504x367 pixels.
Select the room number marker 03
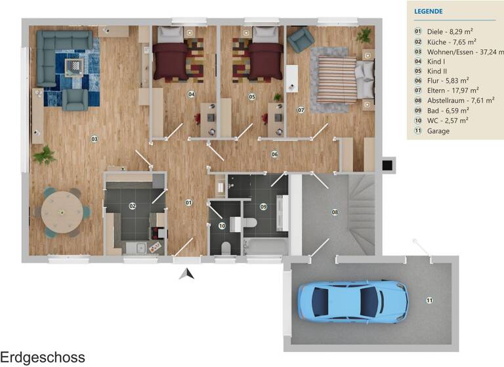click(94, 138)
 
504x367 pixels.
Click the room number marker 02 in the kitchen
click(132, 206)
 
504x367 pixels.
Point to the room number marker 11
click(429, 300)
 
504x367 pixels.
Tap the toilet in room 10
click(226, 247)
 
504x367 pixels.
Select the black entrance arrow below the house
click(187, 273)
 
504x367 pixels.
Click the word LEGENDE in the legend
click(429, 11)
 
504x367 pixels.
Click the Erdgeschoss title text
click(43, 357)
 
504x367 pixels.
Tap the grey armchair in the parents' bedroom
click(300, 40)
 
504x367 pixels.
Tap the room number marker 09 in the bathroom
click(263, 206)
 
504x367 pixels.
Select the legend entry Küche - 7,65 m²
click(448, 41)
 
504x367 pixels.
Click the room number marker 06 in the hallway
click(274, 154)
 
